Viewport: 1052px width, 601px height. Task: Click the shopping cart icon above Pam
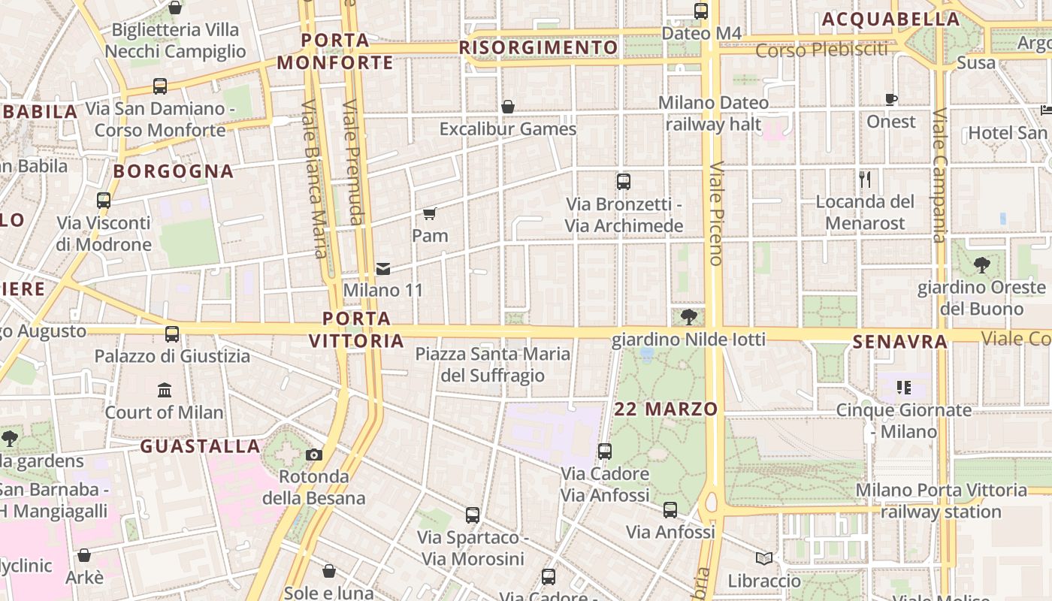coord(429,214)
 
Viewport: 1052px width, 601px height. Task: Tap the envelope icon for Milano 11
coord(383,269)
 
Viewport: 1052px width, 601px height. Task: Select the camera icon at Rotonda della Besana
coord(314,455)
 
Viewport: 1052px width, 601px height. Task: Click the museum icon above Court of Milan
coord(165,390)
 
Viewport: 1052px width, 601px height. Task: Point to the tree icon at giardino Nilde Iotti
coord(688,317)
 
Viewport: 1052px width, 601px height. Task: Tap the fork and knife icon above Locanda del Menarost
coord(865,179)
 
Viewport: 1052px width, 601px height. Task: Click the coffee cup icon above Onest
coord(891,99)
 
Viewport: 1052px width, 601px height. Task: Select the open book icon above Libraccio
coord(764,559)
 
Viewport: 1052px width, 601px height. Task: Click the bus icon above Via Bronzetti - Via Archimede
coord(624,181)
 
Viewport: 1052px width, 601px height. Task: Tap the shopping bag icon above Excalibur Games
coord(508,107)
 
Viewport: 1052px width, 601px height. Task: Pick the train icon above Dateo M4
coord(701,11)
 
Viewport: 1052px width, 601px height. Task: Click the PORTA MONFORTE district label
coord(335,51)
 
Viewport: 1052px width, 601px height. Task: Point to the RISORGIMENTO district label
coord(538,48)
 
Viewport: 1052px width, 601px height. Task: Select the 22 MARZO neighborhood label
coord(666,409)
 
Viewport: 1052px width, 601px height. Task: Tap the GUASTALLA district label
coord(200,446)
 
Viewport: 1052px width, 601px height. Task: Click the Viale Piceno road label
coord(715,213)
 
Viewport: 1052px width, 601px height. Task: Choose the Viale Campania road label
coord(939,176)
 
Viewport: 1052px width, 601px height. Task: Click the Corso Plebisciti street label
coord(821,50)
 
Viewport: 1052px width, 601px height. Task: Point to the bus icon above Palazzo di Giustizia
coord(172,334)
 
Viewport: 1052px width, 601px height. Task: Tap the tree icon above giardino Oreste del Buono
coord(981,264)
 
